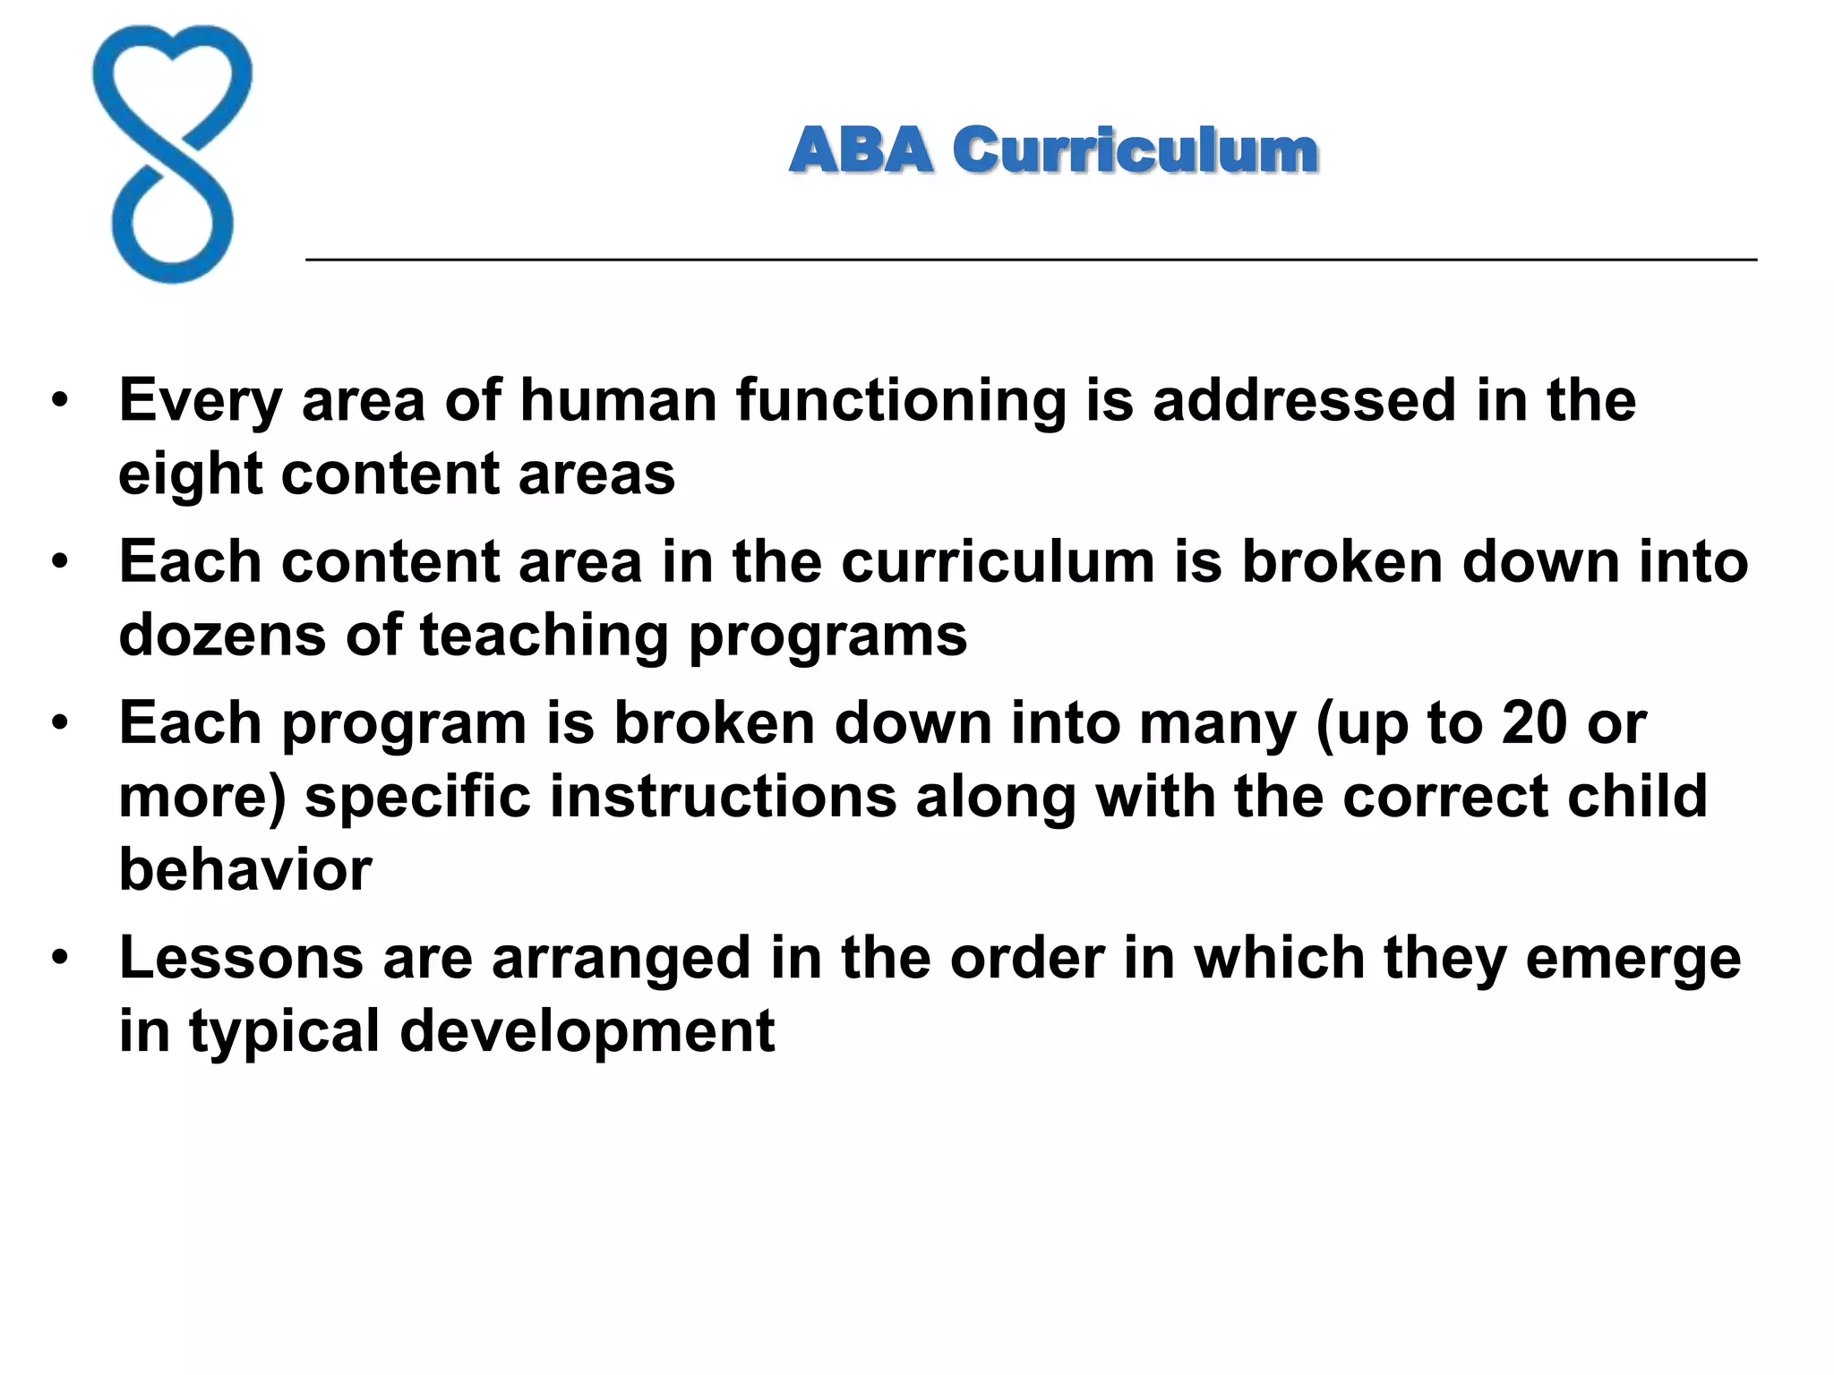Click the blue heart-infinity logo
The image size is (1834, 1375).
(x=172, y=154)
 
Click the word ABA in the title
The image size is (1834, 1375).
(x=861, y=149)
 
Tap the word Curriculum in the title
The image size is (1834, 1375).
(x=1135, y=149)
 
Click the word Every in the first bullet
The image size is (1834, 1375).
(x=201, y=400)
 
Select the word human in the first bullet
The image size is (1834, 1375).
(x=619, y=400)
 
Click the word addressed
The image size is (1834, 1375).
(x=1304, y=400)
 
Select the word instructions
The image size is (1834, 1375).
(x=723, y=796)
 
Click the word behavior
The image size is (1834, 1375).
(x=245, y=869)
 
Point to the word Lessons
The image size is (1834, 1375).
(x=241, y=958)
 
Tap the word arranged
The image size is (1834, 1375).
(x=621, y=958)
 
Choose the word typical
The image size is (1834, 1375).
(x=284, y=1031)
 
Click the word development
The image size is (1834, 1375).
(x=587, y=1031)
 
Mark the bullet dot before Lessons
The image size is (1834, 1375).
(x=60, y=957)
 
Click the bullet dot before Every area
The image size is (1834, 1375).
(x=60, y=400)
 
